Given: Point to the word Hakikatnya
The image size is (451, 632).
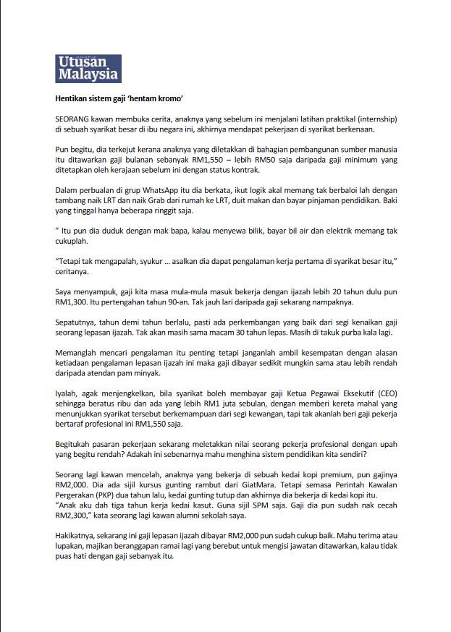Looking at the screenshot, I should [x=78, y=537].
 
